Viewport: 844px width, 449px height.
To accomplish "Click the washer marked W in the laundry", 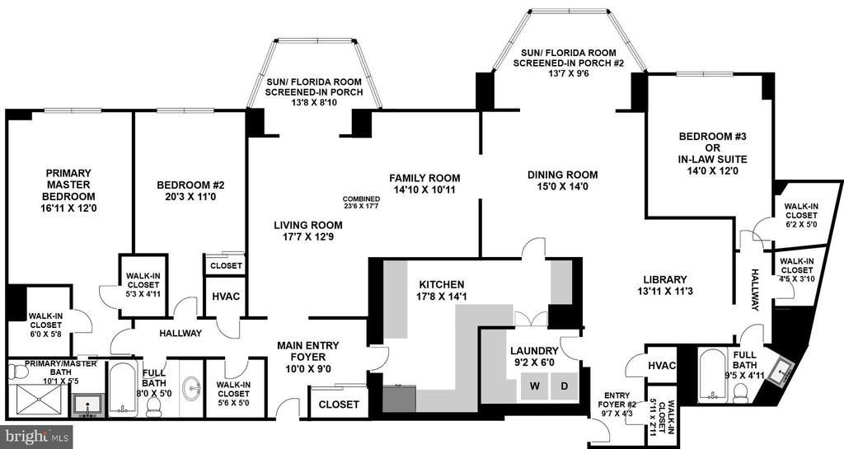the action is click(x=534, y=386).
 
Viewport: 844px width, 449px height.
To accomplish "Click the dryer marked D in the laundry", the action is click(x=564, y=386).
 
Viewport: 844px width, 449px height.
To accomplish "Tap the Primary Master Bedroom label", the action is click(x=68, y=190).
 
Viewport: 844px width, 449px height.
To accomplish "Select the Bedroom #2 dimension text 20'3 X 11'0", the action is click(x=190, y=197).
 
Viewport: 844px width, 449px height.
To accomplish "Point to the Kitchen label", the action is click(x=442, y=284).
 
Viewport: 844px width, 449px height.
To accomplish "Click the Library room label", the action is click(x=665, y=279).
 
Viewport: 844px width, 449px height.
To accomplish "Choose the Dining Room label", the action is click(x=562, y=175).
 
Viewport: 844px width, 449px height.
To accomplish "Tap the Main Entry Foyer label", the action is click(x=308, y=351).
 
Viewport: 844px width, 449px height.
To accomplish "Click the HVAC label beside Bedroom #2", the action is click(x=226, y=297).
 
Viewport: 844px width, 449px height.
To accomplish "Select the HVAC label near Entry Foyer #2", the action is click(x=662, y=366).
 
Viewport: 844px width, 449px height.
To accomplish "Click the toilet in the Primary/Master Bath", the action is click(x=18, y=372).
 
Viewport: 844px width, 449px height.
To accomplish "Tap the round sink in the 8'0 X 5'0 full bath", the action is click(x=191, y=386).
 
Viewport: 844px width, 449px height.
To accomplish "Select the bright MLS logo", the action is click(x=36, y=437).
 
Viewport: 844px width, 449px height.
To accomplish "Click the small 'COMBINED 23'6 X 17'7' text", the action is click(x=361, y=202).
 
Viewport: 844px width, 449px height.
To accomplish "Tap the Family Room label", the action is click(x=424, y=184).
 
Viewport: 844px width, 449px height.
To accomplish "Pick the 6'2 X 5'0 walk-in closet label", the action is click(x=801, y=215).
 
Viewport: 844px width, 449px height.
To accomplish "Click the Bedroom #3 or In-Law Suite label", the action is click(x=713, y=154).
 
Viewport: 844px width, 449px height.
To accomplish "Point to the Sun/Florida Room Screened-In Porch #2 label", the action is click(x=569, y=63).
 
